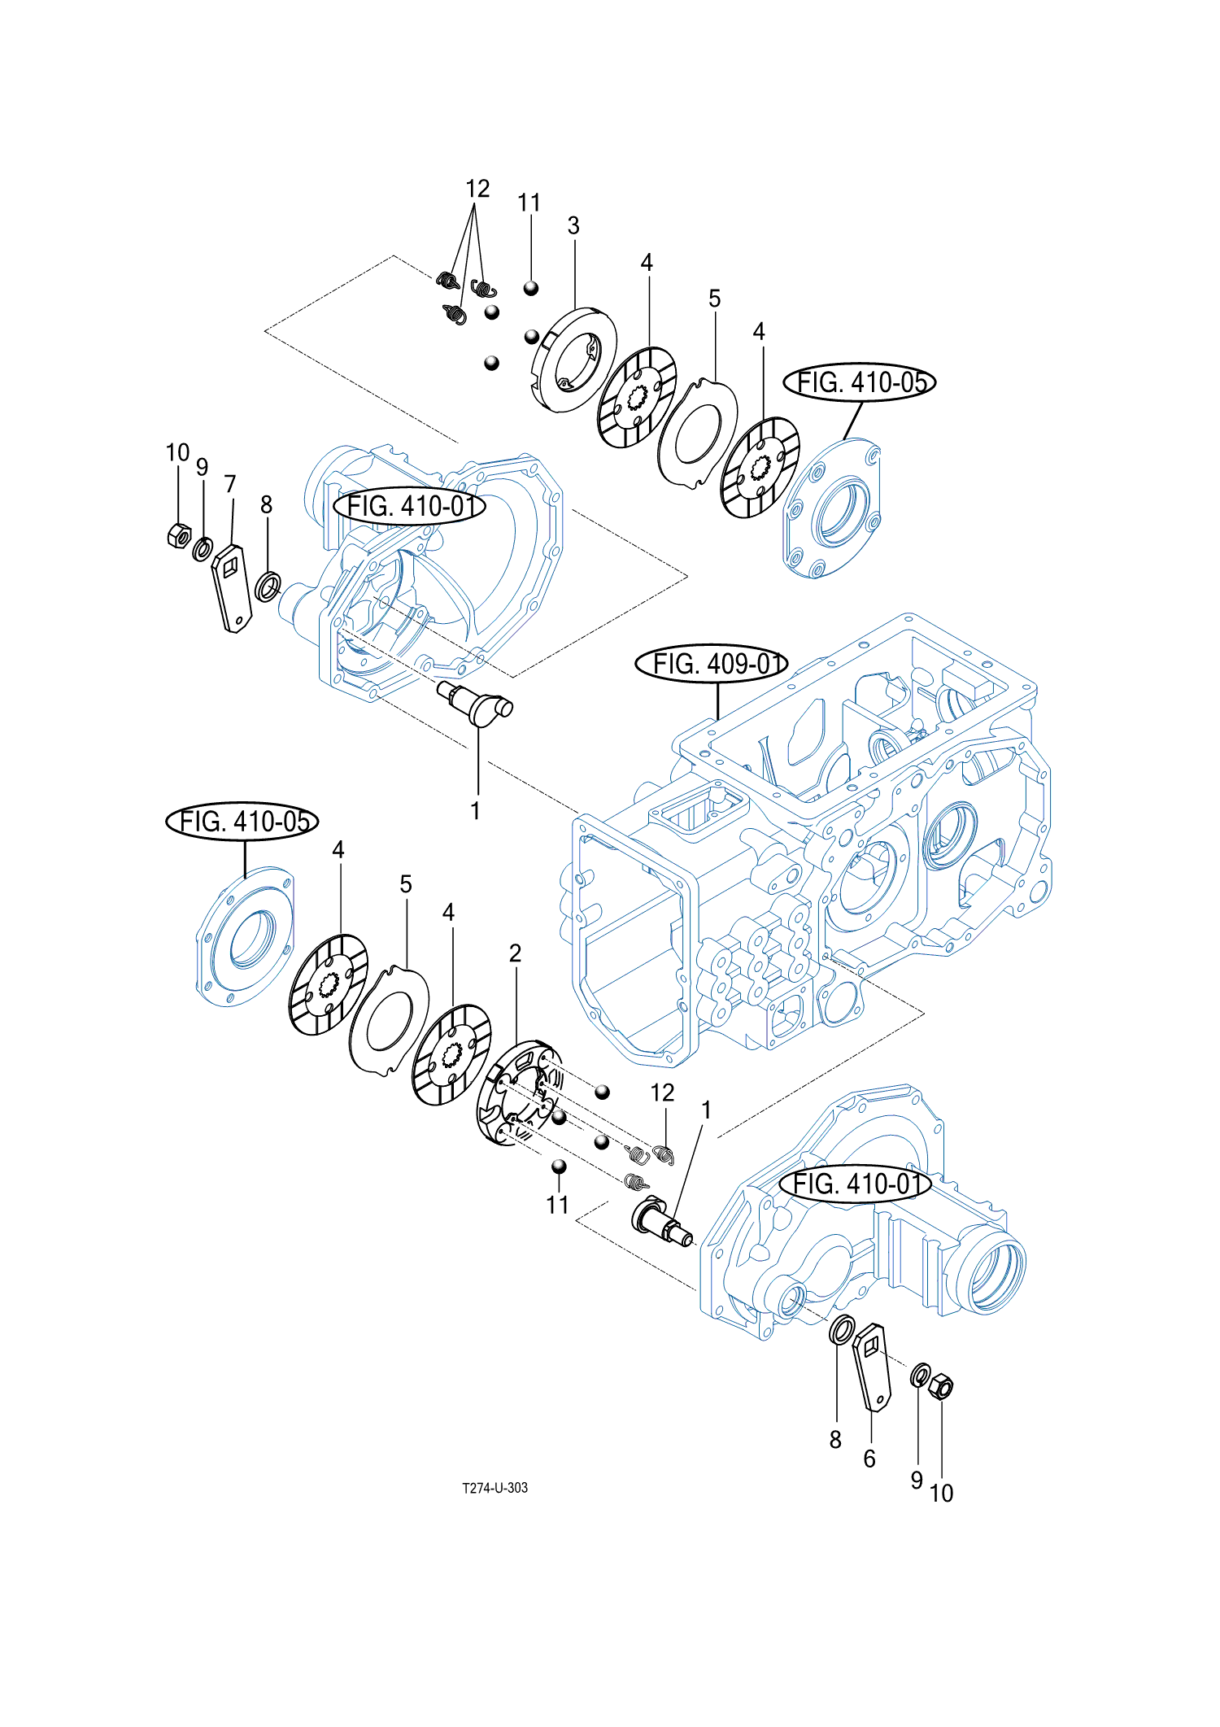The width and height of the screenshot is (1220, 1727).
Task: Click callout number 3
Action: point(573,225)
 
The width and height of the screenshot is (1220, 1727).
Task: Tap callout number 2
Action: point(515,953)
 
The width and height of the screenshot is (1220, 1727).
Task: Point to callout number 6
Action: point(869,1459)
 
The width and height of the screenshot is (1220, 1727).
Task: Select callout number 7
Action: point(230,485)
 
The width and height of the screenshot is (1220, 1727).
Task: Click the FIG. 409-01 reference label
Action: point(712,664)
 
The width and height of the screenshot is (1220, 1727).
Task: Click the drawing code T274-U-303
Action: point(495,1488)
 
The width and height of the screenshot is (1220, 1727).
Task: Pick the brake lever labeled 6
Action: point(872,1367)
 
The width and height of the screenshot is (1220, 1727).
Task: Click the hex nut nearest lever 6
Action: point(940,1385)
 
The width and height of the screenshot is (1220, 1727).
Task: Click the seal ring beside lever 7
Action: point(268,586)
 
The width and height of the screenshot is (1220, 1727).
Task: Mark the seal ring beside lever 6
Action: point(841,1331)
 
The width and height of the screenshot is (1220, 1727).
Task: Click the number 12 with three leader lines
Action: point(477,189)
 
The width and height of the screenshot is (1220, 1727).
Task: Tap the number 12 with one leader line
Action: point(662,1092)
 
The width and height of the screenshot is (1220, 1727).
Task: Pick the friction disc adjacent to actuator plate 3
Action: point(637,397)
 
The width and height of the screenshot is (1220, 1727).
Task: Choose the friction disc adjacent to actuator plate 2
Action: point(452,1053)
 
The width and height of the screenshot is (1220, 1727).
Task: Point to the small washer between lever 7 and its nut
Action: point(203,548)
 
